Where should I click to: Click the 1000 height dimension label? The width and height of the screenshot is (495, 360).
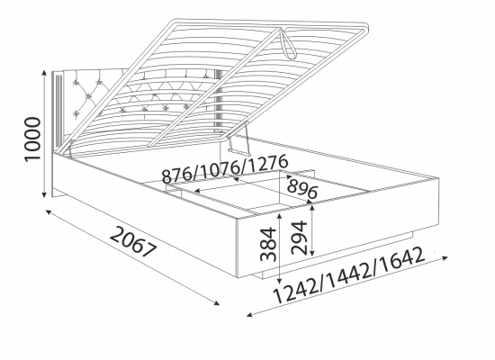coord(33,139)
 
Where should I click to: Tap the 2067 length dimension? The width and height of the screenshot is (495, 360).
coord(134,242)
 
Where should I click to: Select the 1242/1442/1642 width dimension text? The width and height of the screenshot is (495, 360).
coord(349,275)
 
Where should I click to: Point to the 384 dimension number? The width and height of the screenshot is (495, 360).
coord(268,244)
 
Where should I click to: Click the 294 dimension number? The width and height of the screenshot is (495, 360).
coord(299,238)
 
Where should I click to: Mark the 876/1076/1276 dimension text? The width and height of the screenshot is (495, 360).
coord(225,168)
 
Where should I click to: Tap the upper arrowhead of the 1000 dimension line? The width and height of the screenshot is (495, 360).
coord(45,73)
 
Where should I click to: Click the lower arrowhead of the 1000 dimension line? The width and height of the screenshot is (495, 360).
coord(45,194)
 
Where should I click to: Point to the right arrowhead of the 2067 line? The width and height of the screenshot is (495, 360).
coord(217,303)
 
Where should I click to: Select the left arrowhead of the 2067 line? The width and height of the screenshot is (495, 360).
coord(49,211)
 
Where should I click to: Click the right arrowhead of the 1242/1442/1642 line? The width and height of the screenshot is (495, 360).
coord(445,258)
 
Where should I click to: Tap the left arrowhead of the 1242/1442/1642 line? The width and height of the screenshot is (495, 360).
coord(250,314)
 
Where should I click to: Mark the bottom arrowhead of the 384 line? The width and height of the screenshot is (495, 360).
coord(280,280)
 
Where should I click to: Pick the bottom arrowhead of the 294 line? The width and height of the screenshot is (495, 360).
coord(312,252)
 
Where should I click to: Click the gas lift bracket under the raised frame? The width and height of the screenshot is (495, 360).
coord(239,141)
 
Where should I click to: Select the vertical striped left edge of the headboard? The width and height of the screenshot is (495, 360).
coord(58,111)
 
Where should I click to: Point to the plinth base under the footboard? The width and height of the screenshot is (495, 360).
coord(337,256)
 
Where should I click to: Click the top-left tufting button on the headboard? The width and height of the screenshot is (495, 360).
coord(76,83)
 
